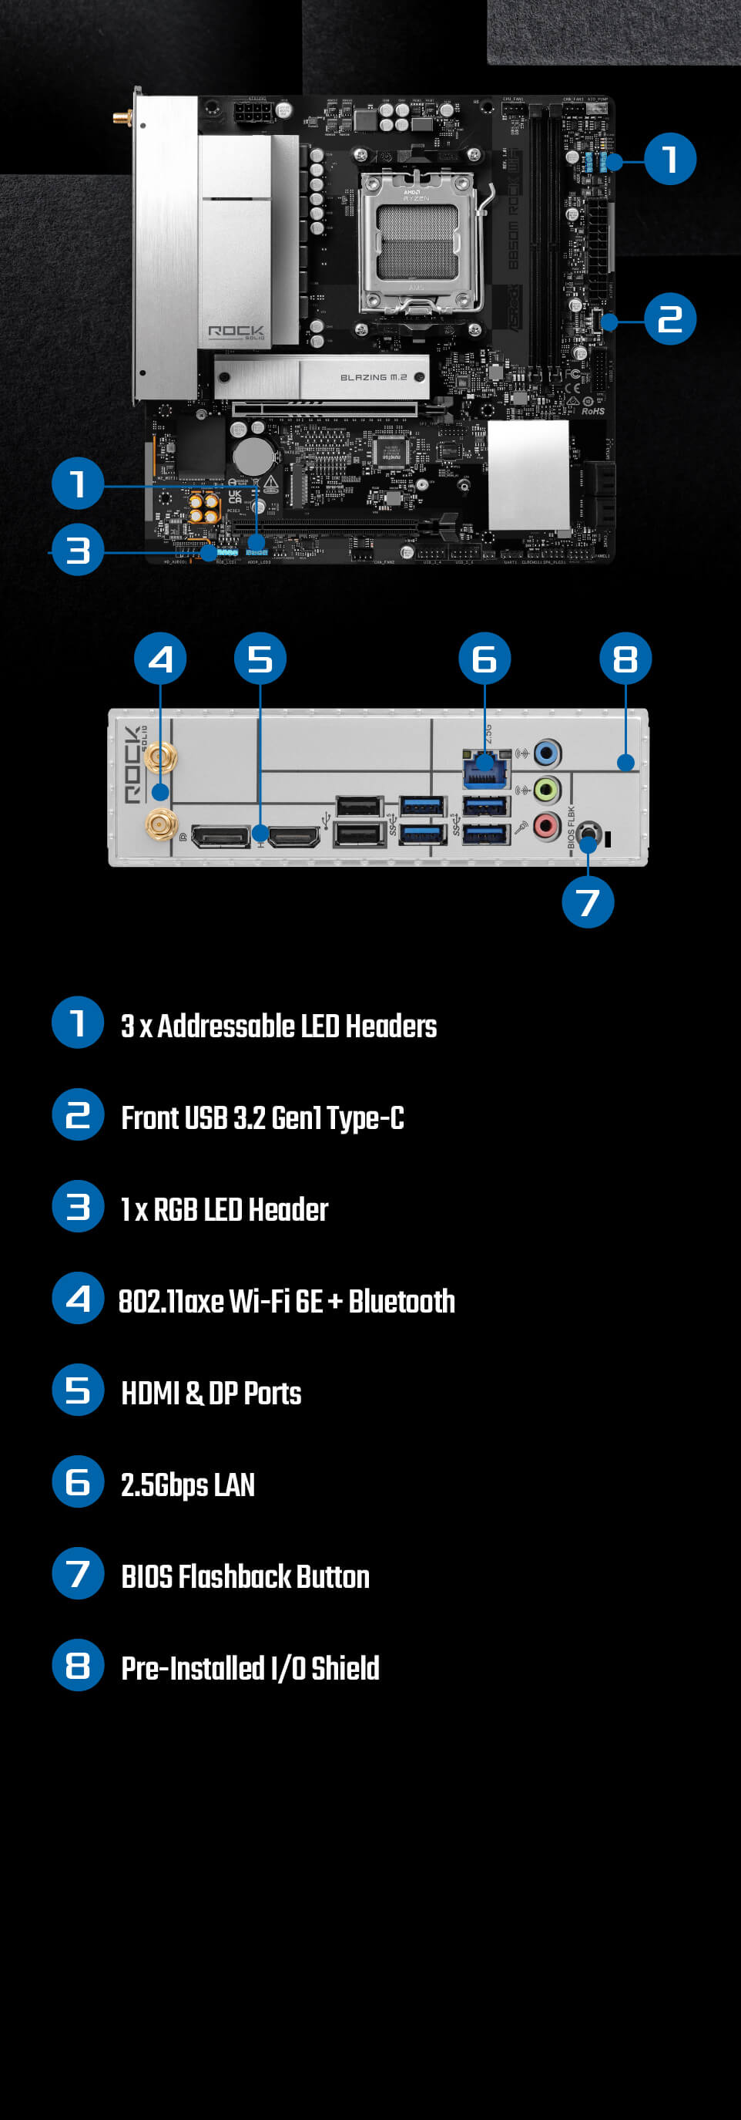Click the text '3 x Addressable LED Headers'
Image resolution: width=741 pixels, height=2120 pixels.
click(279, 1026)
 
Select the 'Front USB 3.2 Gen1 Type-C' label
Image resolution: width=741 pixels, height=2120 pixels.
click(263, 1117)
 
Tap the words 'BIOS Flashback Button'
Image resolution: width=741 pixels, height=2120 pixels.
click(245, 1576)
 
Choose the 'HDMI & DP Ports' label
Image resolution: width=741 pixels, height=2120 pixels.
click(210, 1393)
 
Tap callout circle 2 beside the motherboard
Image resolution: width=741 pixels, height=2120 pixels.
click(669, 319)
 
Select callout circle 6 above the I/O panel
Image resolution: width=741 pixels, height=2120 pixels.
click(484, 659)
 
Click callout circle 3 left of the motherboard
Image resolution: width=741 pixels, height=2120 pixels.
click(78, 550)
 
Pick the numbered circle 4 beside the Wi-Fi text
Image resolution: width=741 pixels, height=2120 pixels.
click(78, 1298)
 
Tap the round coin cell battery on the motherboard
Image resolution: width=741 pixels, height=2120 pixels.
click(253, 453)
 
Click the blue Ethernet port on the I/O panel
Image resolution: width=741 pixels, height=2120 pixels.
click(485, 771)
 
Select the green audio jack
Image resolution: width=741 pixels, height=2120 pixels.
click(546, 790)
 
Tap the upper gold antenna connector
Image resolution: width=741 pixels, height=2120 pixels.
click(160, 758)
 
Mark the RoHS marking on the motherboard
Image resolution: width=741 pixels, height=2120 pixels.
click(593, 411)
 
